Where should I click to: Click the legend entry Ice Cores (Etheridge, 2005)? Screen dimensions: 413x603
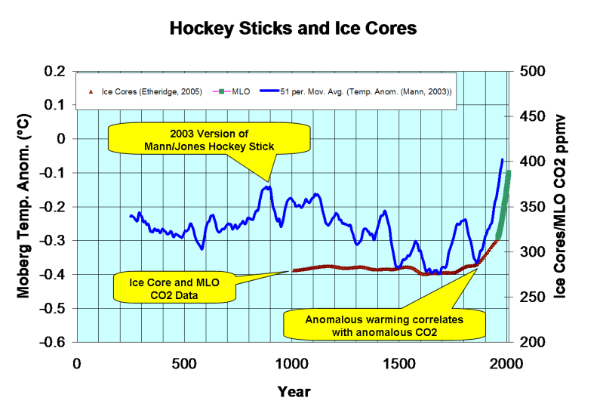[x=152, y=91]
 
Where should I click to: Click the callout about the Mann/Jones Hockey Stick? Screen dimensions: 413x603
[x=209, y=140]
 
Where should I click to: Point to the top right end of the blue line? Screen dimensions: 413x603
[x=503, y=159]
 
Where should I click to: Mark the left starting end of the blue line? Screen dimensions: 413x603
[x=131, y=216]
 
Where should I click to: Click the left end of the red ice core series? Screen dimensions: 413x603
[x=293, y=270]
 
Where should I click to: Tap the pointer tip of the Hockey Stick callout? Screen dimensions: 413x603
[x=267, y=182]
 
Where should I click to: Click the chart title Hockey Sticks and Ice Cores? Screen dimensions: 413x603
[x=293, y=29]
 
